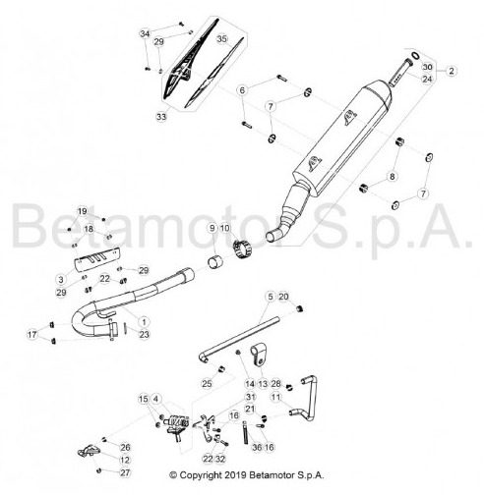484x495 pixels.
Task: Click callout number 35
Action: [x=222, y=39]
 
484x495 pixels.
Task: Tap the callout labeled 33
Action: [x=161, y=117]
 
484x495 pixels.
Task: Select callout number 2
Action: [x=452, y=71]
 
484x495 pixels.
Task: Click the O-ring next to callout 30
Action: [x=415, y=56]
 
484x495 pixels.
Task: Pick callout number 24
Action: [x=427, y=79]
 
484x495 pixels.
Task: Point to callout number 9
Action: [x=212, y=228]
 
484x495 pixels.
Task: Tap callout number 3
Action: [x=61, y=280]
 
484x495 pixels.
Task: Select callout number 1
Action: [x=144, y=322]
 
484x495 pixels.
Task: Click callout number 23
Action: [x=144, y=334]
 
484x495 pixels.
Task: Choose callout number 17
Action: [x=32, y=335]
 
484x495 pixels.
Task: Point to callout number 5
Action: [x=271, y=297]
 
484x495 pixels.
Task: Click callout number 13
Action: [x=263, y=384]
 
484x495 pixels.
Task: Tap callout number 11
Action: [x=276, y=397]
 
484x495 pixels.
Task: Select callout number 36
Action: [x=257, y=447]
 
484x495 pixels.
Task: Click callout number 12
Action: [x=125, y=460]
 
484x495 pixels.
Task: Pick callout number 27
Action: [x=125, y=472]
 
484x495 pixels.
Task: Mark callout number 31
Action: [x=250, y=397]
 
